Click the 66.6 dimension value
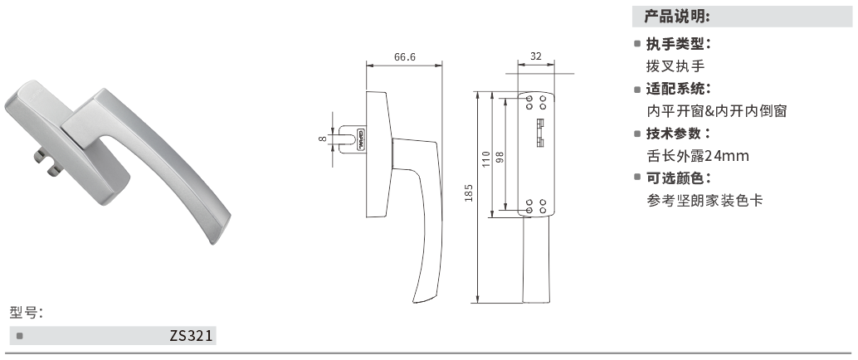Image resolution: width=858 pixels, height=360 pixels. pyautogui.click(x=405, y=57)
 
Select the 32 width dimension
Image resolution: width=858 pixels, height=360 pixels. pyautogui.click(x=536, y=56)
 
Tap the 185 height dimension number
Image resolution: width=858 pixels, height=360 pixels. pyautogui.click(x=468, y=192)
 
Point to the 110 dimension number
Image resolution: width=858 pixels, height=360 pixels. pyautogui.click(x=486, y=159)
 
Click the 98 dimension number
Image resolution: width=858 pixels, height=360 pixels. pyautogui.click(x=499, y=158)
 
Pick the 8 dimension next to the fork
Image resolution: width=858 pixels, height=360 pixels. pyautogui.click(x=323, y=139)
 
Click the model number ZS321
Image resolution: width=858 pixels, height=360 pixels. pyautogui.click(x=191, y=335)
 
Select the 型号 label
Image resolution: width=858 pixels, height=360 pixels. pyautogui.click(x=26, y=313)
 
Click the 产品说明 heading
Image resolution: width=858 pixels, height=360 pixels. pyautogui.click(x=677, y=17)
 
